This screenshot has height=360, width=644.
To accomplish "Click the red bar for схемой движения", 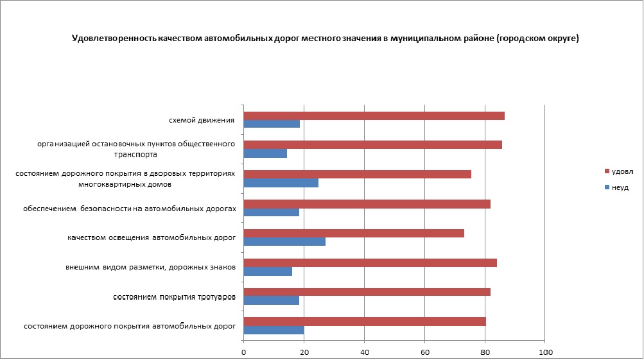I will tap(374, 116).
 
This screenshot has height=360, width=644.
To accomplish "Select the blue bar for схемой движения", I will tap(272, 124).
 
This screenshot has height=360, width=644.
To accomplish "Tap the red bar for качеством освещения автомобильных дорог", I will tap(354, 233).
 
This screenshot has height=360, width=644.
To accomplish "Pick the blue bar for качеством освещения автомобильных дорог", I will tap(284, 242).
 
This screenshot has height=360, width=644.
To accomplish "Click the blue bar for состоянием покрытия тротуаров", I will tap(271, 300).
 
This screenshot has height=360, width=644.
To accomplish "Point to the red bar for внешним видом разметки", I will tap(370, 262).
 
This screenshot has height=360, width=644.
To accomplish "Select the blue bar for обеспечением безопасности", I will tap(271, 212).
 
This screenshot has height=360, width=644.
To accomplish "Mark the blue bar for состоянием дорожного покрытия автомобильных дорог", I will tap(274, 330).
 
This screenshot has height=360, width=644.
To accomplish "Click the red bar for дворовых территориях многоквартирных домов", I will tap(357, 174).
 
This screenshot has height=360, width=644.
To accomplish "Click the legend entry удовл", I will tap(622, 171).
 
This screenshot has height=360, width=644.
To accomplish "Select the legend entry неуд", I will tap(619, 187).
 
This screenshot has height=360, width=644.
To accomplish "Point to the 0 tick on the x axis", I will tap(244, 352).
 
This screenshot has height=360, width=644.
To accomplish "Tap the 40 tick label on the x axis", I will tap(364, 352).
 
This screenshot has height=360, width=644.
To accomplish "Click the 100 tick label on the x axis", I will tap(545, 352).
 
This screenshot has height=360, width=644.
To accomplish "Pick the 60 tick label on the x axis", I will tap(424, 352).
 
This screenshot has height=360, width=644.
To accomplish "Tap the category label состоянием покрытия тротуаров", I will tap(174, 297).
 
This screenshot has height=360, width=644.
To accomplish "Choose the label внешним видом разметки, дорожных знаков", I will tap(150, 267).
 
